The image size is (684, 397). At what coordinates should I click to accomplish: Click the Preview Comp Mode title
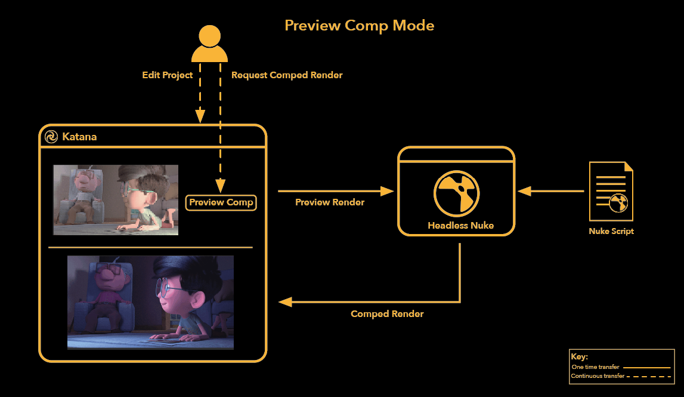(x=359, y=26)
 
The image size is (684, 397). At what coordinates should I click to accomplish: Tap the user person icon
(x=209, y=44)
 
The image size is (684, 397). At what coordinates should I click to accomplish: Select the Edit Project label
(x=168, y=75)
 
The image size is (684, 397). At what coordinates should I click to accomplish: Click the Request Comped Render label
(x=287, y=75)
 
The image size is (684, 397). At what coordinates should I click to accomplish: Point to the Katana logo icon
(x=51, y=137)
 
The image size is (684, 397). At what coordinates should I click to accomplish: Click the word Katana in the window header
(x=79, y=137)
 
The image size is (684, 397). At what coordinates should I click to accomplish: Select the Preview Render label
(x=330, y=202)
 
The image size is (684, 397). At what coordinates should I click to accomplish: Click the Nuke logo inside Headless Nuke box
(x=456, y=192)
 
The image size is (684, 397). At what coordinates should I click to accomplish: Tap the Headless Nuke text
(x=460, y=226)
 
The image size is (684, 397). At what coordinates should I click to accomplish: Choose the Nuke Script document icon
(x=611, y=192)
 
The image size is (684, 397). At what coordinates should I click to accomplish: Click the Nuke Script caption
(x=611, y=231)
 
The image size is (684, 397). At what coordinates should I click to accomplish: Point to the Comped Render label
(x=387, y=314)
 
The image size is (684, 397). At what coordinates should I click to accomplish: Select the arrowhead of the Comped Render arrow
(x=286, y=302)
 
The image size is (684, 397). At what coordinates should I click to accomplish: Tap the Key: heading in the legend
(x=579, y=356)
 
